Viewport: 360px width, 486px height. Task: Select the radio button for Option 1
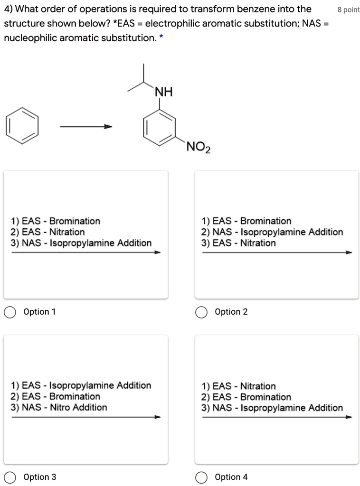pos(9,312)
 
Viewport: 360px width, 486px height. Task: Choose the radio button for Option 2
pos(201,312)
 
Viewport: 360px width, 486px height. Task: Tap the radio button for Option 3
pos(9,477)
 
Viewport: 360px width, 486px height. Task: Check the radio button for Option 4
pos(201,477)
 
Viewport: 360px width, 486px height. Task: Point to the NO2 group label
pos(199,147)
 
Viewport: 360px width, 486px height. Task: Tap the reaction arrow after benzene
pos(85,126)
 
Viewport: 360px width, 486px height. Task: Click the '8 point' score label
pos(348,10)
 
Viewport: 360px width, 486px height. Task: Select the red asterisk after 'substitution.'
pos(161,38)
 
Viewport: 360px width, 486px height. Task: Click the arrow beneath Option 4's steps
pos(277,417)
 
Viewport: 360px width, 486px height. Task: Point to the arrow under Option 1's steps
pos(86,252)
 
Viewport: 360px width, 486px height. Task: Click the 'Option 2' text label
pos(231,312)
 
